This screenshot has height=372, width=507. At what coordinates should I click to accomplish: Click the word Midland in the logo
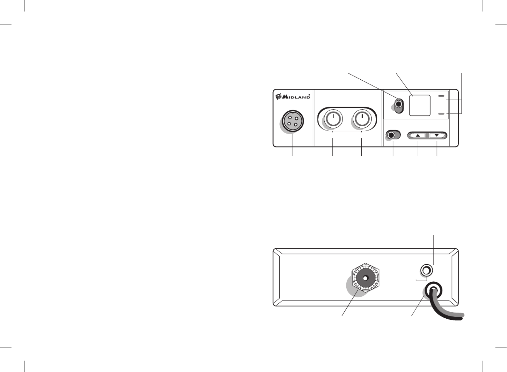pos(296,97)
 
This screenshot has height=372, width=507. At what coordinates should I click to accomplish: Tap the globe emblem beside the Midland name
pos(279,97)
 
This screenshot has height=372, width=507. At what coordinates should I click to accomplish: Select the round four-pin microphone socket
pos(292,121)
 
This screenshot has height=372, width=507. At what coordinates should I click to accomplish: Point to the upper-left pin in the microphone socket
pos(290,118)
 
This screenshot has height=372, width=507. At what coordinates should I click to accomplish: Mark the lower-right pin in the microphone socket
pos(295,125)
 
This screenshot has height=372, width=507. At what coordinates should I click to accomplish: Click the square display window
pos(420,105)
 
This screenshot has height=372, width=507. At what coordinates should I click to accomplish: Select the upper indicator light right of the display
pos(441,96)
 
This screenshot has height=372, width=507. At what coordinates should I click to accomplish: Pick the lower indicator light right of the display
pos(441,114)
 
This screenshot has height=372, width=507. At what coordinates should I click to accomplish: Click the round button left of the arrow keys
pos(392,135)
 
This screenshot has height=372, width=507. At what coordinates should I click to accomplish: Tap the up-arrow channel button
pos(418,135)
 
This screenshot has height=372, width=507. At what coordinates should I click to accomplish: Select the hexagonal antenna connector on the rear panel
pos(366,278)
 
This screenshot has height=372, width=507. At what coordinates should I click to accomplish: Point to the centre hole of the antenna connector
pos(365,278)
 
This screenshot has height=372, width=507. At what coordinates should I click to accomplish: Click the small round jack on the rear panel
pos(427,270)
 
